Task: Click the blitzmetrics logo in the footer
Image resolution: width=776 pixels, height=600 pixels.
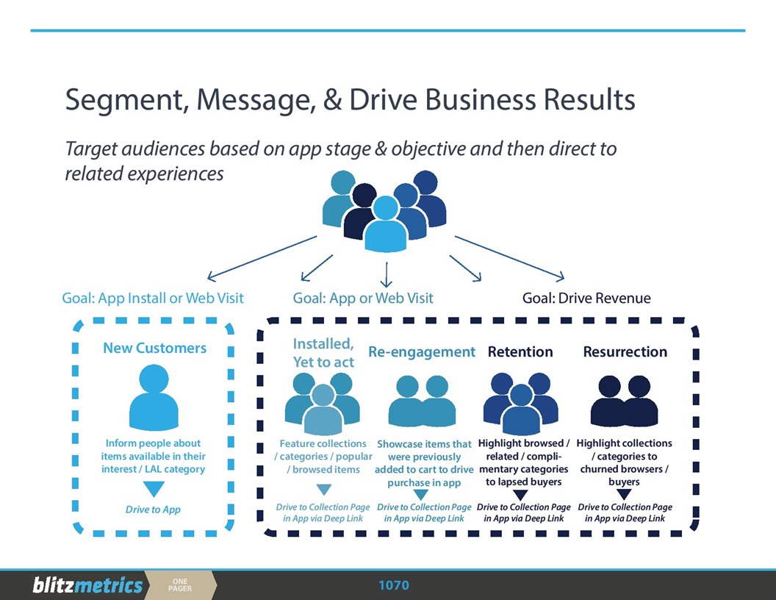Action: pyautogui.click(x=87, y=585)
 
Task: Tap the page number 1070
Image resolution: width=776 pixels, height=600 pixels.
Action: pyautogui.click(x=393, y=585)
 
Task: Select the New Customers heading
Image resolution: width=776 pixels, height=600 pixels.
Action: pyautogui.click(x=154, y=348)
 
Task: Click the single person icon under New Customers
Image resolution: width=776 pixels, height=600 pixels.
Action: pyautogui.click(x=154, y=398)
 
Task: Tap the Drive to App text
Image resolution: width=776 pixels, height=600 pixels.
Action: pyautogui.click(x=153, y=510)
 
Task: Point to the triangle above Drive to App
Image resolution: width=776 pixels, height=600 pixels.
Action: pyautogui.click(x=154, y=489)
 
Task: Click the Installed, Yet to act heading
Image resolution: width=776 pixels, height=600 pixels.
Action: pyautogui.click(x=323, y=352)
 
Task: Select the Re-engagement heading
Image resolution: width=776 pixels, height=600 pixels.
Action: pyautogui.click(x=422, y=352)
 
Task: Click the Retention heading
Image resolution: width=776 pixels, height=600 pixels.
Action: pyautogui.click(x=520, y=352)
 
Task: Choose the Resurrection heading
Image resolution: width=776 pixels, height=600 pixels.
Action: pyautogui.click(x=625, y=352)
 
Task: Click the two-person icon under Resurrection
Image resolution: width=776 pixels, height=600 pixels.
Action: pyautogui.click(x=624, y=401)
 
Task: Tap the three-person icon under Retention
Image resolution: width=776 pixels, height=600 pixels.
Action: pyautogui.click(x=520, y=403)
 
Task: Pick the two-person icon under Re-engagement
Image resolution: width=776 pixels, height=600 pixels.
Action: pyautogui.click(x=422, y=401)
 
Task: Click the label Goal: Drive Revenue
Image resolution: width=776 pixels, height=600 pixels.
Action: pyautogui.click(x=586, y=298)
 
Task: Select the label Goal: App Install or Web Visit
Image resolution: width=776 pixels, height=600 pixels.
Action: pyautogui.click(x=153, y=298)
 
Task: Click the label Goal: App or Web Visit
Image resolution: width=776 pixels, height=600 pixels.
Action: pyautogui.click(x=363, y=298)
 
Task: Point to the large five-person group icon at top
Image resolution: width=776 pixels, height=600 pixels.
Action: pyautogui.click(x=384, y=209)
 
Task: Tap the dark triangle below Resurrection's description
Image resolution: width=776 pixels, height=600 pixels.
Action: pyautogui.click(x=624, y=494)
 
